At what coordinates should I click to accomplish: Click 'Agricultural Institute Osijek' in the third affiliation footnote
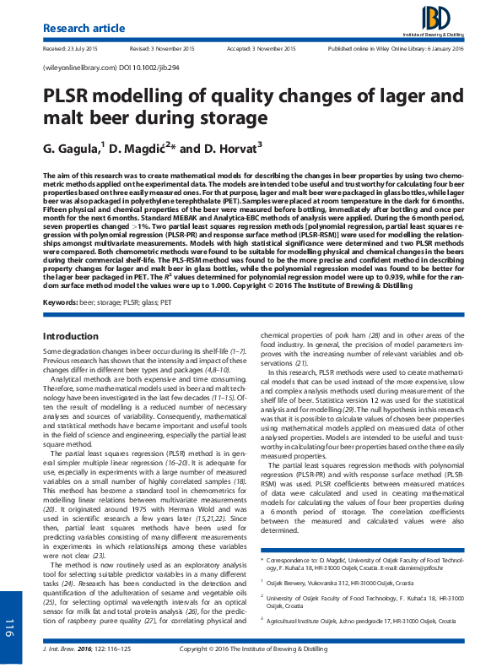(x=311, y=573)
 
